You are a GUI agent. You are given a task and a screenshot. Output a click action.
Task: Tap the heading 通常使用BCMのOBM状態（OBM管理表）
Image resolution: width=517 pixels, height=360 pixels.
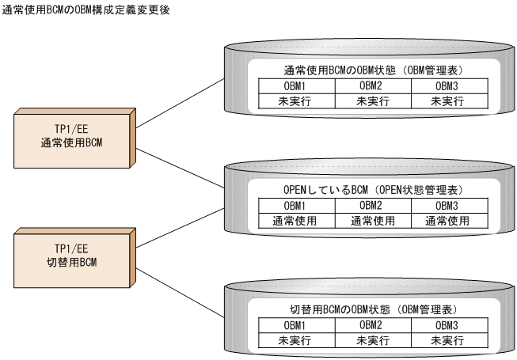371,69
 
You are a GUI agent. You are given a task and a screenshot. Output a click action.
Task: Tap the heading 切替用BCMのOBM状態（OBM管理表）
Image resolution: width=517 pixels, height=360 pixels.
371,309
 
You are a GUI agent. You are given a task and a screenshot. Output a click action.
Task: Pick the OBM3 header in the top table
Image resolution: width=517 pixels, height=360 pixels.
448,86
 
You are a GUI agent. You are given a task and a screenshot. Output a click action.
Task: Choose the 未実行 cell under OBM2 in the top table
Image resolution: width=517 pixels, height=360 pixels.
372,100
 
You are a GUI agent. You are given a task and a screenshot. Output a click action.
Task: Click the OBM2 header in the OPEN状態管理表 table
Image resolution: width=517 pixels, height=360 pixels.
372,206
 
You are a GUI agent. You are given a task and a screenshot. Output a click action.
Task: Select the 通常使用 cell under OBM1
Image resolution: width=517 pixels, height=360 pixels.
294,221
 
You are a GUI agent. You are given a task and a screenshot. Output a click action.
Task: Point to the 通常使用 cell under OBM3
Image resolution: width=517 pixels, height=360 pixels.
448,221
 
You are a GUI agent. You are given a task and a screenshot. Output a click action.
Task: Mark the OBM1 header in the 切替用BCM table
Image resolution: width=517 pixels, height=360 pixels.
295,325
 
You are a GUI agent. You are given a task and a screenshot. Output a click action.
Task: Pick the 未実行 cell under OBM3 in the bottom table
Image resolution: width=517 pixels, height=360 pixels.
448,340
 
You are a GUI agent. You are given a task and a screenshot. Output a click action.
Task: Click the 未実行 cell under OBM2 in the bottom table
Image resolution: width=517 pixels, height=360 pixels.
372,340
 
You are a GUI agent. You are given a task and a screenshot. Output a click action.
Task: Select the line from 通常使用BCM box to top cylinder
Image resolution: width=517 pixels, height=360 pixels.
181,95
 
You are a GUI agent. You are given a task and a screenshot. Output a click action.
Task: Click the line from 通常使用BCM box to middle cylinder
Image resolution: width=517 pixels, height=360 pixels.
181,160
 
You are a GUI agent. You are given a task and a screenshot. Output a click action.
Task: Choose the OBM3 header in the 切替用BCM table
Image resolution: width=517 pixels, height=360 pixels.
448,325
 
